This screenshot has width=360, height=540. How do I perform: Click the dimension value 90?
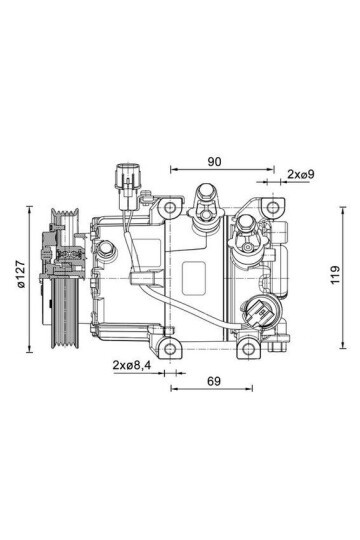click(x=214, y=162)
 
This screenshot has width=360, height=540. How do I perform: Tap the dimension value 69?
click(x=214, y=381)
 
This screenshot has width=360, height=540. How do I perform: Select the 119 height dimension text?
click(x=335, y=274)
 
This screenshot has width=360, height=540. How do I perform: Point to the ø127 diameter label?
click(x=21, y=274)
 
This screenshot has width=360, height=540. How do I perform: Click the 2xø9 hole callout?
click(x=301, y=174)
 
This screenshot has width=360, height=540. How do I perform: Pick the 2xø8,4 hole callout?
click(x=132, y=365)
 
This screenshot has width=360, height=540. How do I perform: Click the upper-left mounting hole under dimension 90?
click(x=170, y=207)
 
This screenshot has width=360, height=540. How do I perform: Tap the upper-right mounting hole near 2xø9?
click(x=273, y=207)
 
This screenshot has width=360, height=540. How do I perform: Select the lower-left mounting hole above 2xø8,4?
click(x=170, y=349)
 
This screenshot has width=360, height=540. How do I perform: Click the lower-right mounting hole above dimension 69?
click(x=249, y=349)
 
